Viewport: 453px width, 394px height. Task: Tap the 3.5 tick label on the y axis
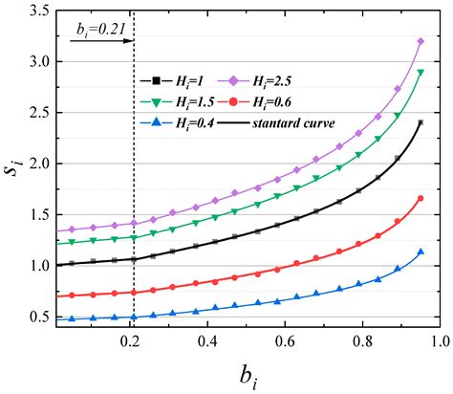pyautogui.click(x=39, y=11)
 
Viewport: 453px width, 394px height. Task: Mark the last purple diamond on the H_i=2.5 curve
pyautogui.click(x=421, y=41)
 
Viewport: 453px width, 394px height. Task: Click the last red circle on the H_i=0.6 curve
pyautogui.click(x=421, y=198)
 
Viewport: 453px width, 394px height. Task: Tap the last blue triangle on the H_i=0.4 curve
pyautogui.click(x=421, y=252)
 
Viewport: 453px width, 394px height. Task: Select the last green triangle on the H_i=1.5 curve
pyautogui.click(x=421, y=73)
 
